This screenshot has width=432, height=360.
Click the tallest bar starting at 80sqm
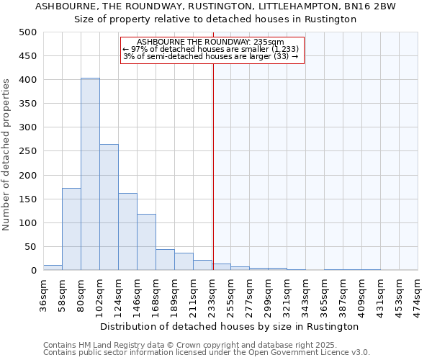click(90, 174)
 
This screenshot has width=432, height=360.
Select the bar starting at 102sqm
click(109, 207)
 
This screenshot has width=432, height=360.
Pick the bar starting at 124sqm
click(127, 232)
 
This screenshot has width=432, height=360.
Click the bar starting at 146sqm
click(146, 242)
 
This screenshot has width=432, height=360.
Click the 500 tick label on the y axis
click(28, 32)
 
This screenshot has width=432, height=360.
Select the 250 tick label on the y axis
click(28, 151)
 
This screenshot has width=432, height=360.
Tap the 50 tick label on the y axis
click(31, 247)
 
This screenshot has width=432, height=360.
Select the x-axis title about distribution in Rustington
click(230, 326)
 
